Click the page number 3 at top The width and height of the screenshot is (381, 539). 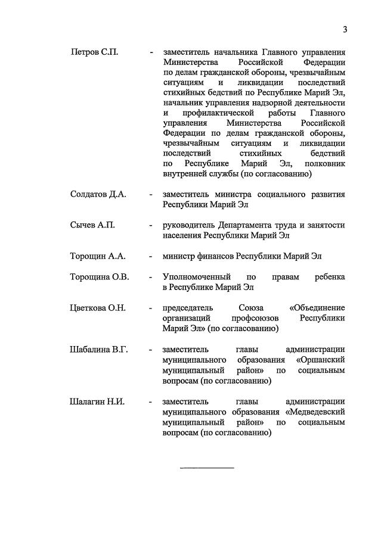click(345, 30)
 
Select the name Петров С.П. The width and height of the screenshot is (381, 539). click(94, 52)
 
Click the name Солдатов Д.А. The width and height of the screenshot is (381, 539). click(98, 195)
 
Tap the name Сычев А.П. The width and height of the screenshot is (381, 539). click(92, 225)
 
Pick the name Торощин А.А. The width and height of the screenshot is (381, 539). click(98, 256)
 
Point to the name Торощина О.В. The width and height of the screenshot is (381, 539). click(100, 277)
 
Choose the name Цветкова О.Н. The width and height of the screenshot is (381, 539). click(98, 308)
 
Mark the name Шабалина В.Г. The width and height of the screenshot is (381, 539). click(99, 349)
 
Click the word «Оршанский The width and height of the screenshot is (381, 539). click(320, 360)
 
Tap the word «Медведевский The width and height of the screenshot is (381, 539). click(315, 412)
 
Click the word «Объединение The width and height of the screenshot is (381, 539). click(317, 308)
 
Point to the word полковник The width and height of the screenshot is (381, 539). click(324, 164)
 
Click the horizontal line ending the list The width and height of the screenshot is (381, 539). click(207, 468)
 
